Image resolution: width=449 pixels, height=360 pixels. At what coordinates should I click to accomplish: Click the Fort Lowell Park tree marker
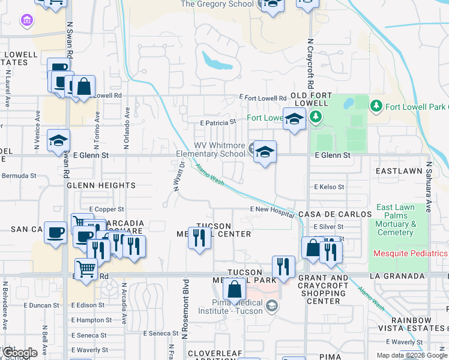click(x=376, y=107)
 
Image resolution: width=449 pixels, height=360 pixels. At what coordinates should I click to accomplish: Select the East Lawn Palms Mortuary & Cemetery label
click(x=396, y=220)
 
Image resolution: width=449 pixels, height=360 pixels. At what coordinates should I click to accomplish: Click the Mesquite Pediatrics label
click(x=411, y=253)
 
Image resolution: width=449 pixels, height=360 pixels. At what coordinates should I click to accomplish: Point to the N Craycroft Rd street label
click(x=310, y=64)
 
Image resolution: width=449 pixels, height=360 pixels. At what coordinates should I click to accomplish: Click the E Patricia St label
click(x=218, y=122)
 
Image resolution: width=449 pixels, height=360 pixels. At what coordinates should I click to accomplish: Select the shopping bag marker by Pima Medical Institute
click(x=234, y=290)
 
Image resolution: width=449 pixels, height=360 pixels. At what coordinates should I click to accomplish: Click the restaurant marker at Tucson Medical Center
click(x=199, y=238)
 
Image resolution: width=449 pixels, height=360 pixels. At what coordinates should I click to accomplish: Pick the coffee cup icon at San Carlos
click(x=55, y=232)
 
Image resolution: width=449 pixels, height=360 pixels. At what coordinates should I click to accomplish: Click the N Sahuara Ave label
click(x=429, y=187)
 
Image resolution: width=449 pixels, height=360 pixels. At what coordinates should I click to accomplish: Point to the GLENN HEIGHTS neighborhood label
click(x=101, y=186)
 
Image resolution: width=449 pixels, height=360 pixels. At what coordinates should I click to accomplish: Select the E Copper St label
click(x=106, y=209)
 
